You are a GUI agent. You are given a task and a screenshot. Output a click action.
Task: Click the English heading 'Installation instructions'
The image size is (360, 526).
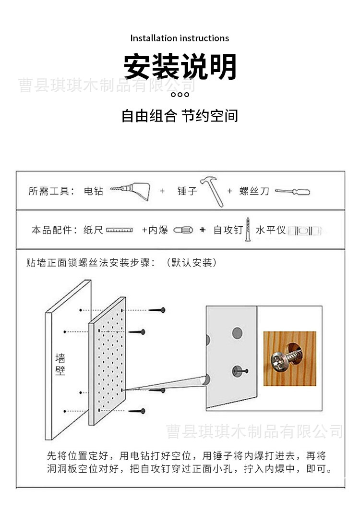[x=180, y=38]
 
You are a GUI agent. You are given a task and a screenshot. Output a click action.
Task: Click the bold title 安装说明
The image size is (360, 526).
[x=180, y=67]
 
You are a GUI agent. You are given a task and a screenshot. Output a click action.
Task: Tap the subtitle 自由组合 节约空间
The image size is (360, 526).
[x=180, y=116]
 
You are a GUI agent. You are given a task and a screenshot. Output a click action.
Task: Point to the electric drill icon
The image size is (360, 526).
[x=130, y=191]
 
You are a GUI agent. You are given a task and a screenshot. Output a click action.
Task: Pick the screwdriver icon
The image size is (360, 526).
[x=292, y=192]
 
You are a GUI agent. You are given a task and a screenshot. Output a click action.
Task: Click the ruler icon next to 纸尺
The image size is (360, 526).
[x=120, y=231]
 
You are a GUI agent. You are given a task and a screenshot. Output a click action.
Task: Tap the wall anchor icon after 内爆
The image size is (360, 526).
[x=183, y=231]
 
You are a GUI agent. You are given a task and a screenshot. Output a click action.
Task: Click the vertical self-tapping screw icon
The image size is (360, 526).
[x=248, y=229]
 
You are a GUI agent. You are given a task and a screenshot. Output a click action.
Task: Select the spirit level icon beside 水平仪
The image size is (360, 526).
[x=304, y=231]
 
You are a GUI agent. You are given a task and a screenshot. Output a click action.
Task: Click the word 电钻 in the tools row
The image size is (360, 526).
[x=94, y=191]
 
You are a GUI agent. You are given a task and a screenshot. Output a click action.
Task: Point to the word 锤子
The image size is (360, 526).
[x=187, y=191]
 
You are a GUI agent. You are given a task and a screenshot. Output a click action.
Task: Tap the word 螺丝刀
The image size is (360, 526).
[x=254, y=191]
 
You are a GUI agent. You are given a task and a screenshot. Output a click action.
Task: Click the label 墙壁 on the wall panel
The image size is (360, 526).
[x=60, y=365]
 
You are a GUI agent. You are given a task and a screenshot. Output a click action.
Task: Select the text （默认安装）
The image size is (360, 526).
[x=191, y=263]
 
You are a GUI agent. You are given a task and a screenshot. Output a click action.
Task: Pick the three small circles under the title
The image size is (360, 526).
[x=180, y=94]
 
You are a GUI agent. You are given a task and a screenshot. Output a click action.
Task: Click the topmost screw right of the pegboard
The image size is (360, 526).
[x=157, y=310]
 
